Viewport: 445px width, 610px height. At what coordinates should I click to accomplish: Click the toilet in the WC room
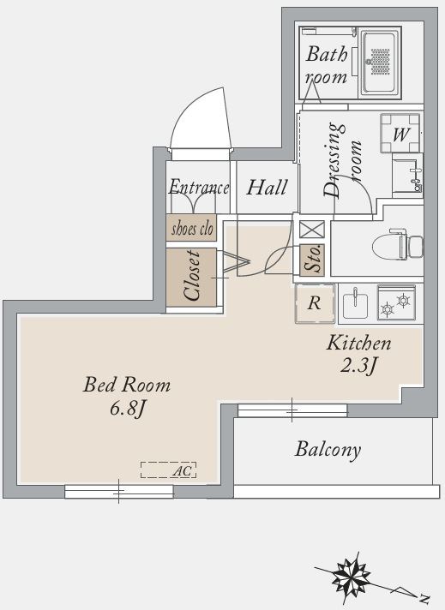[397, 246]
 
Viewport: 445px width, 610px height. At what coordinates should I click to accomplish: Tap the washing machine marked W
[400, 133]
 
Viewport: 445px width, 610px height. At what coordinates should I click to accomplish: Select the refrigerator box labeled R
[315, 304]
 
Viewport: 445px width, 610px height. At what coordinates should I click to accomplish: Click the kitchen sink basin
[356, 305]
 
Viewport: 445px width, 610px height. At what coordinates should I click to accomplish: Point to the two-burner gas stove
[396, 303]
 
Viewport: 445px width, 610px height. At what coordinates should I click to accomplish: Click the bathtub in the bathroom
[380, 63]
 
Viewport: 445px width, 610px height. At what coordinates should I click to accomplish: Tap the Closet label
[192, 276]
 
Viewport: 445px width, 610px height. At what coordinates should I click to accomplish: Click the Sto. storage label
[313, 259]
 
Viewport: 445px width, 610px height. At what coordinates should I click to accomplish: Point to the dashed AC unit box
[169, 470]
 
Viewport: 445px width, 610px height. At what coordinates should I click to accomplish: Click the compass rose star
[351, 577]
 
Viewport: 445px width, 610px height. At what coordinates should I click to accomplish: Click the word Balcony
[328, 450]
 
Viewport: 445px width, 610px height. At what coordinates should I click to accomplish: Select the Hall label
[267, 187]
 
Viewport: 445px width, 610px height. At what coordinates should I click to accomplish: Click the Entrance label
[199, 187]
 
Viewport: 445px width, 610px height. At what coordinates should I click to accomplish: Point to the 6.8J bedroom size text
[127, 409]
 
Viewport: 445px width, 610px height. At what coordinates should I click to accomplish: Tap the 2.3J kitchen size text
[359, 365]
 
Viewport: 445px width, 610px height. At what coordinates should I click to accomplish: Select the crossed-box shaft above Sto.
[312, 229]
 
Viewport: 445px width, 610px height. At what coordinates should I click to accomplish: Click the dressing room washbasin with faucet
[407, 176]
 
